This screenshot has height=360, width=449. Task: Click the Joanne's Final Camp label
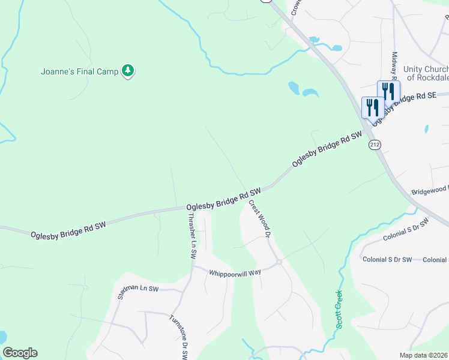[80, 71]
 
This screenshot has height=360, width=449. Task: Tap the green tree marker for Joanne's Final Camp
[127, 71]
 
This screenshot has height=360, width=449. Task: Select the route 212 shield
[375, 145]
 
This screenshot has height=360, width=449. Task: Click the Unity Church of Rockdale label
[427, 73]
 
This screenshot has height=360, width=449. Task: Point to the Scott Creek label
[339, 308]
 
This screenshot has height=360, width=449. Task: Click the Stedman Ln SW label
[137, 292]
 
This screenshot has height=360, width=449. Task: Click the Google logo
[20, 353]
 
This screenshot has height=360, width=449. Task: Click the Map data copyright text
[424, 355]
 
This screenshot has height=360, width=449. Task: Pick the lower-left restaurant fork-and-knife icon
[372, 107]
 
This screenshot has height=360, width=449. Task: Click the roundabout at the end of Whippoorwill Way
[279, 262]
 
